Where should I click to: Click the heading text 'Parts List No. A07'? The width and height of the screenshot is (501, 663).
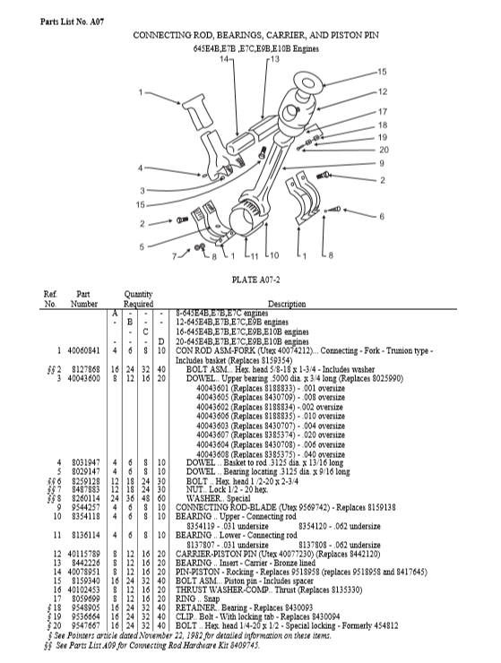pyautogui.click(x=72, y=22)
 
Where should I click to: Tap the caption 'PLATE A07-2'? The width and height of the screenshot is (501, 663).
pyautogui.click(x=256, y=280)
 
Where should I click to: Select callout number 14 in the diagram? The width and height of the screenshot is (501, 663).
pyautogui.click(x=224, y=59)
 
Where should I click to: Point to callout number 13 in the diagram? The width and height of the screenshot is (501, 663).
pyautogui.click(x=275, y=59)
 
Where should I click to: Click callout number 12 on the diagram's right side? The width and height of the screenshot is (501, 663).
pyautogui.click(x=383, y=91)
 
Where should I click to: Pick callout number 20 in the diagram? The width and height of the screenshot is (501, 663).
pyautogui.click(x=384, y=150)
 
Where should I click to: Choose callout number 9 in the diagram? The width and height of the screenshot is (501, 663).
pyautogui.click(x=382, y=163)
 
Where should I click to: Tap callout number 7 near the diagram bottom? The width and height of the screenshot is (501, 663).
pyautogui.click(x=174, y=256)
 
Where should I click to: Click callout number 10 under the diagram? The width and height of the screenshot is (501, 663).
pyautogui.click(x=274, y=255)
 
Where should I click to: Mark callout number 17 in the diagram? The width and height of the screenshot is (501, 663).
pyautogui.click(x=383, y=112)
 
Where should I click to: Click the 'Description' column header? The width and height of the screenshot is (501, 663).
pyautogui.click(x=287, y=304)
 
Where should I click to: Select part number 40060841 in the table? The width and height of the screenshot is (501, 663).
pyautogui.click(x=83, y=350)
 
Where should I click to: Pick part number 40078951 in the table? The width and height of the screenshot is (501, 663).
pyautogui.click(x=83, y=573)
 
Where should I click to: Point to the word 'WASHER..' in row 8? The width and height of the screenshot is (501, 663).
pyautogui.click(x=205, y=498)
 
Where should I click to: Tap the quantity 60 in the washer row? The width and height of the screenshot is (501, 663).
pyautogui.click(x=160, y=498)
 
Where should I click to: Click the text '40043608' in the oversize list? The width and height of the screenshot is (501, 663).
pyautogui.click(x=212, y=454)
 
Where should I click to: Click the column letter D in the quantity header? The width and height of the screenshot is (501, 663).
pyautogui.click(x=160, y=341)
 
